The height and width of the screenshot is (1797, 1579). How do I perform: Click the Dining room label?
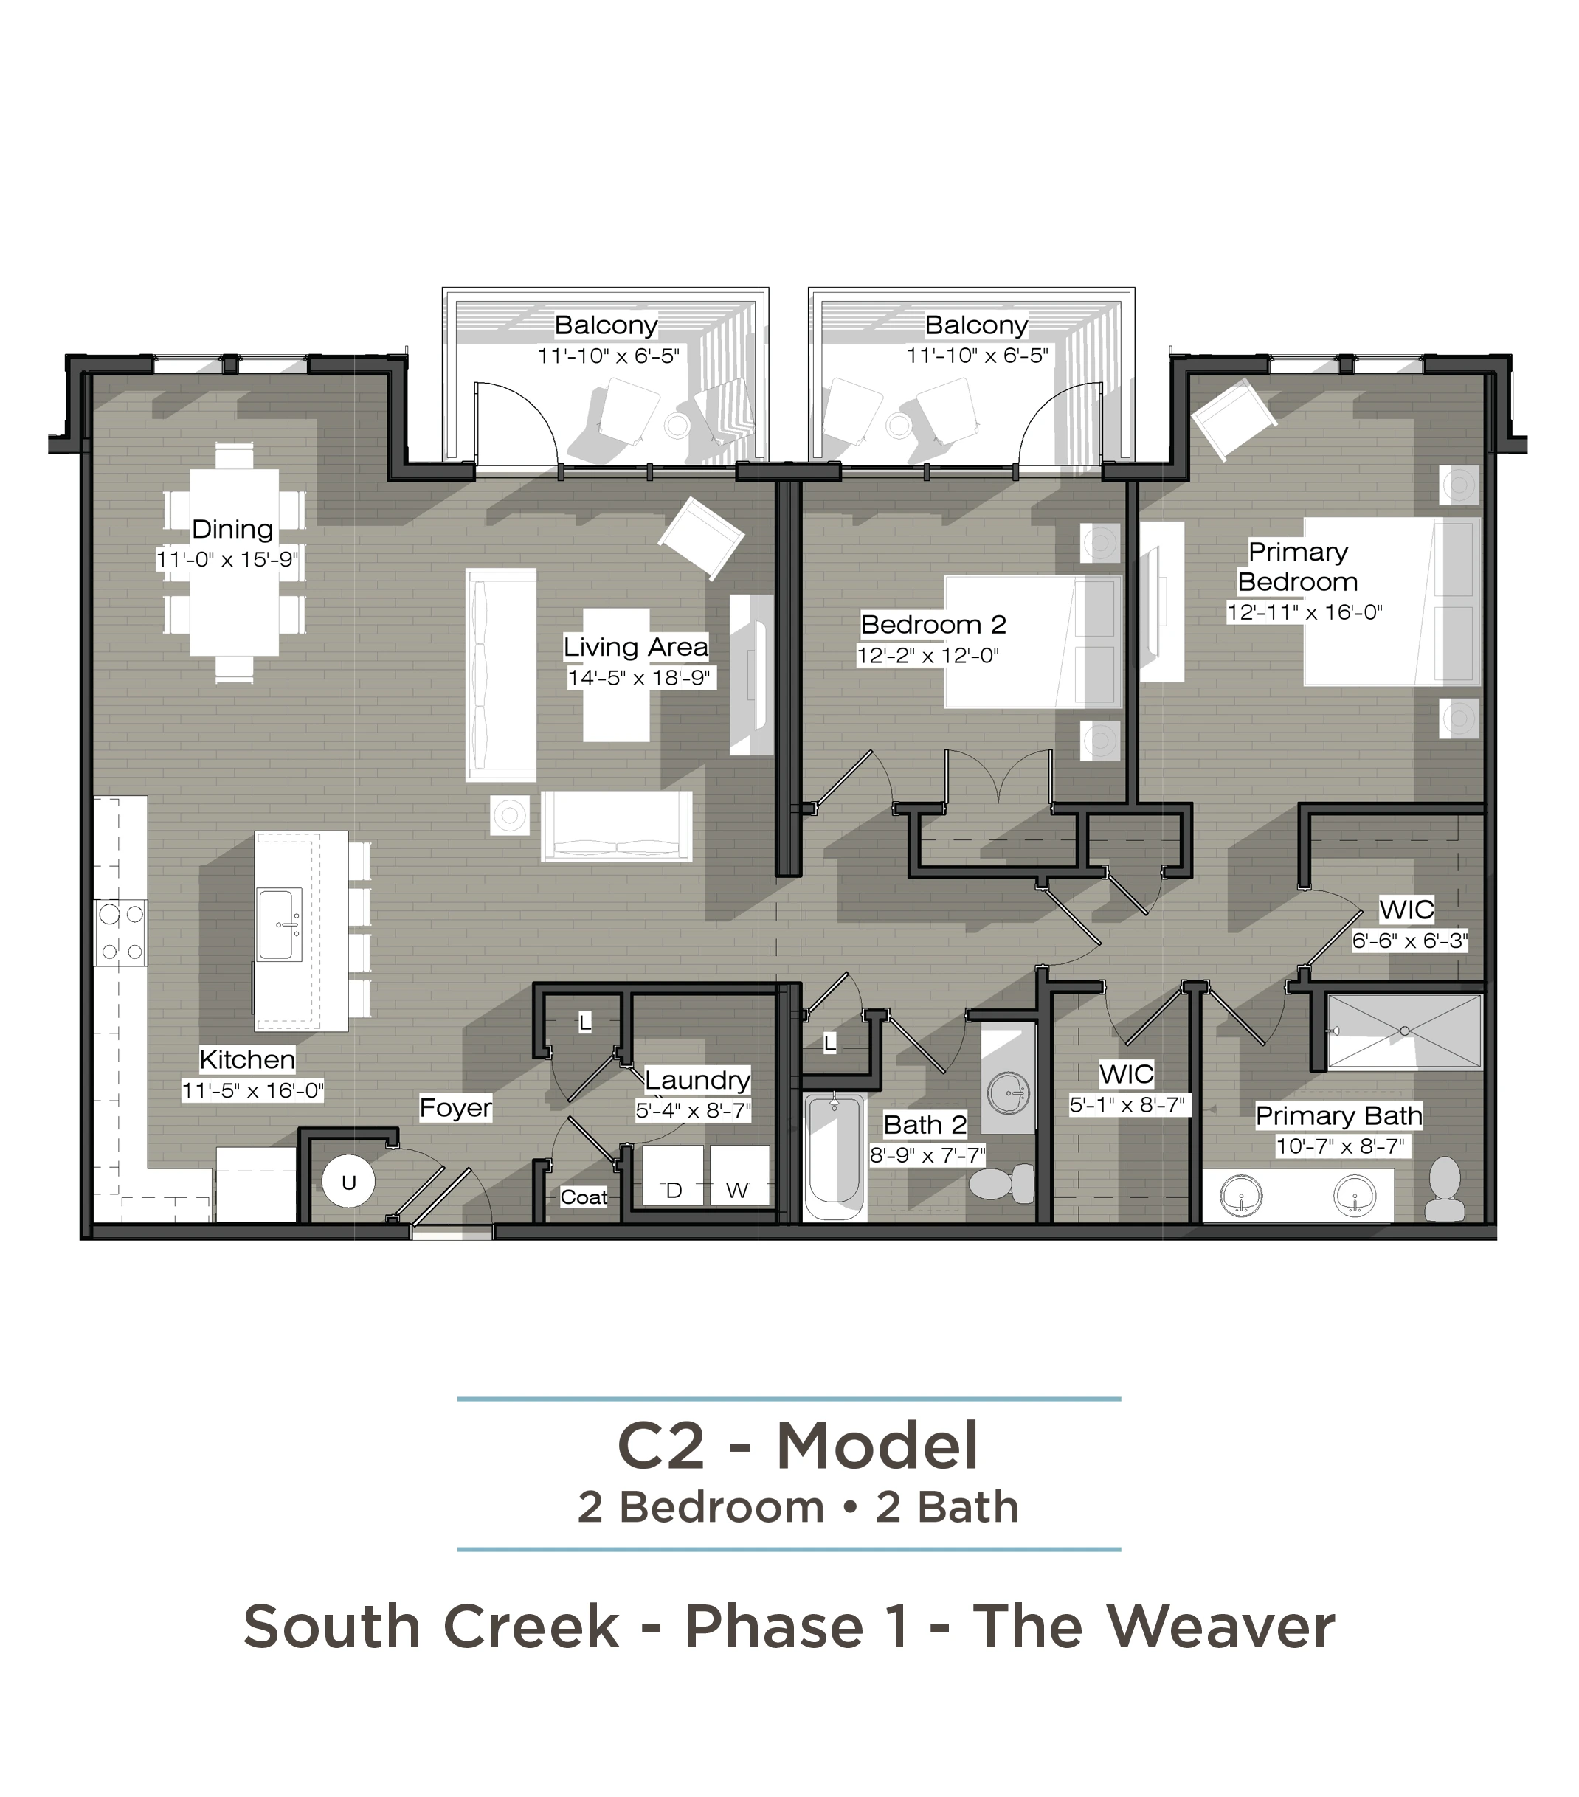pos(232,528)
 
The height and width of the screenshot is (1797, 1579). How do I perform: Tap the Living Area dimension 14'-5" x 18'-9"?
pos(638,678)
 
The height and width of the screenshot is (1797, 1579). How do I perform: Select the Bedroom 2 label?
pos(933,624)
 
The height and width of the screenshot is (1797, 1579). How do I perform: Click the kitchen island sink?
pos(279,924)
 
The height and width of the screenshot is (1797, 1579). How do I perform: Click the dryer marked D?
pos(674,1174)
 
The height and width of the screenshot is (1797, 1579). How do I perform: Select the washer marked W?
pos(739,1174)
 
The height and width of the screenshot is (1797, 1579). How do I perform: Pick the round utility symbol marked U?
pos(348,1182)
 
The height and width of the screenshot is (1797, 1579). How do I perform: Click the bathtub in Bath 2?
pos(835,1156)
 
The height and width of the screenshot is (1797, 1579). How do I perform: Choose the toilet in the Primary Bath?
pos(1445,1188)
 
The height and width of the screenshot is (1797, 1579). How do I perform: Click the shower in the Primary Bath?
pos(1404,1031)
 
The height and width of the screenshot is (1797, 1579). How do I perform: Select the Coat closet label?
pos(584,1197)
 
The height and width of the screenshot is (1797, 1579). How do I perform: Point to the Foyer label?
pos(455,1108)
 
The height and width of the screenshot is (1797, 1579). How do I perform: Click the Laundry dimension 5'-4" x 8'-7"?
pos(694,1110)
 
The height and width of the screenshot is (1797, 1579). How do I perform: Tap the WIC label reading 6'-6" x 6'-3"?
pos(1409,941)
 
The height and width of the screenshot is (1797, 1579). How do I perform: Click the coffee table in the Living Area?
pos(616,674)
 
